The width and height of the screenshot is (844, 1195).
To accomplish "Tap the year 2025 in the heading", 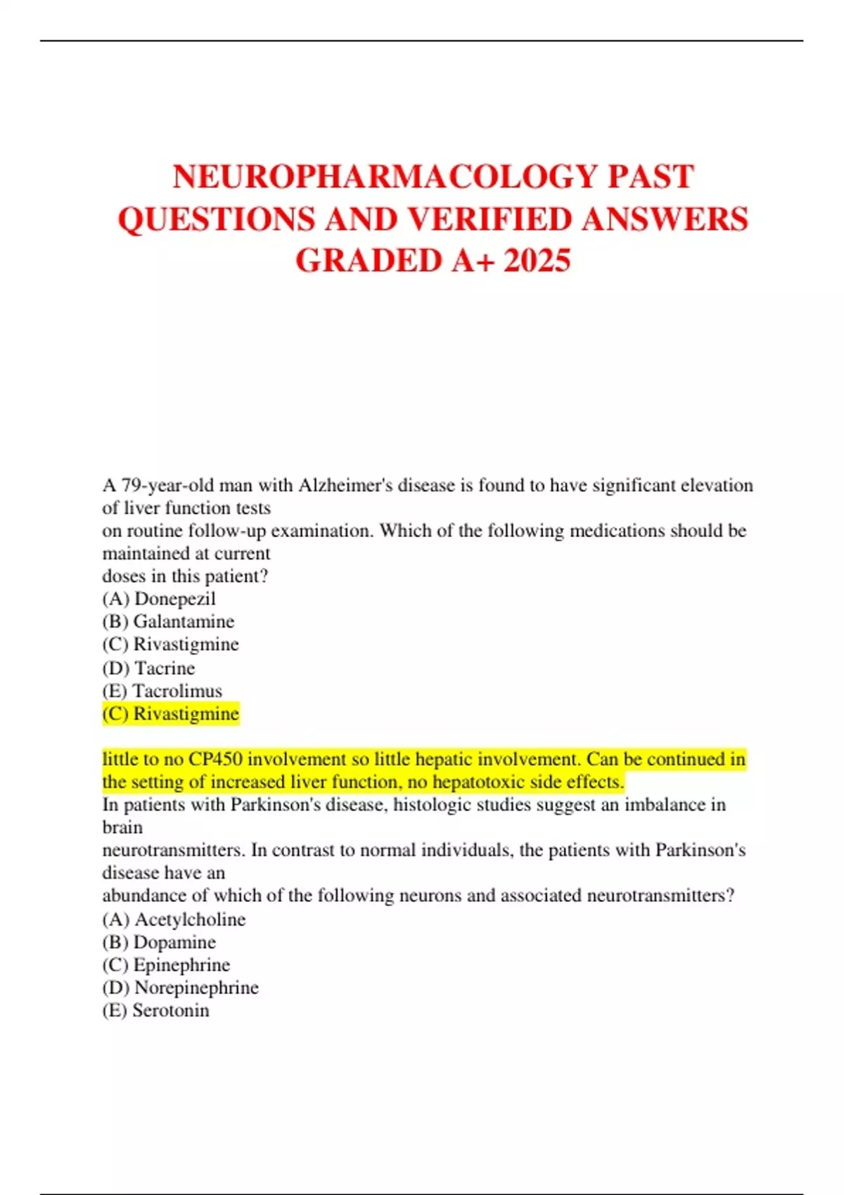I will click(x=537, y=261).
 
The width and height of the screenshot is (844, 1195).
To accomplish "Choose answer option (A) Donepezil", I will click(x=159, y=599).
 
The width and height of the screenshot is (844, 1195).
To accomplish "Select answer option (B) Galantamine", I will click(x=168, y=621).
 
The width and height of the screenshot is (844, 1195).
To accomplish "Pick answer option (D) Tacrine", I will click(x=148, y=668).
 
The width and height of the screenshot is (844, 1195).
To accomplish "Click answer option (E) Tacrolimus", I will click(x=162, y=691).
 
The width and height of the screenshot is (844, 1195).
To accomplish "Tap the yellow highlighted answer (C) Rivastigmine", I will click(x=171, y=713).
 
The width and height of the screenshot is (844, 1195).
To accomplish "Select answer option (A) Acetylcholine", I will click(x=174, y=919).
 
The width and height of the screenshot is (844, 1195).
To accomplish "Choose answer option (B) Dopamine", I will click(x=159, y=942).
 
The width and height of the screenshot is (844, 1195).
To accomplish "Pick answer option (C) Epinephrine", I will click(x=166, y=964).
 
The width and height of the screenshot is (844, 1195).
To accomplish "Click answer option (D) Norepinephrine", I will click(x=180, y=988).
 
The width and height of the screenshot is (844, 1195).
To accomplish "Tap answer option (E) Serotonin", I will click(x=155, y=1010).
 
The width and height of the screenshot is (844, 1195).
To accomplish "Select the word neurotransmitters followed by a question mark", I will click(x=656, y=896).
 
